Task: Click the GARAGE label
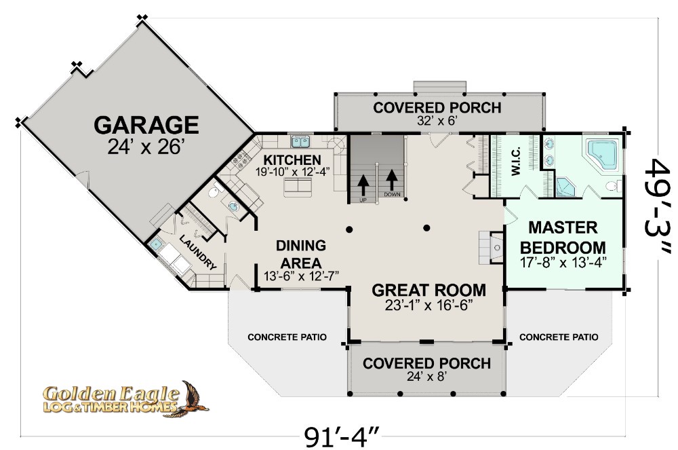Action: click(146, 125)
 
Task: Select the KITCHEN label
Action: click(292, 160)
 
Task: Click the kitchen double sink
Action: click(302, 141)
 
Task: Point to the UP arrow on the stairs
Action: click(363, 183)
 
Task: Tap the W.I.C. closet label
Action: click(515, 162)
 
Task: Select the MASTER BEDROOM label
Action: click(563, 238)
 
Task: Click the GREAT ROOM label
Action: click(428, 290)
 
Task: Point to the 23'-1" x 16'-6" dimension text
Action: click(428, 305)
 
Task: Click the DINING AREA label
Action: click(301, 254)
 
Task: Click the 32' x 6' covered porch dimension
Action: click(437, 121)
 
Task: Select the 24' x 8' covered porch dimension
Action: click(427, 377)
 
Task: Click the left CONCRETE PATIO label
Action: click(287, 337)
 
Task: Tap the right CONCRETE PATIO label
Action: click(559, 337)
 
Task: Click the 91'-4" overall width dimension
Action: click(342, 437)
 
